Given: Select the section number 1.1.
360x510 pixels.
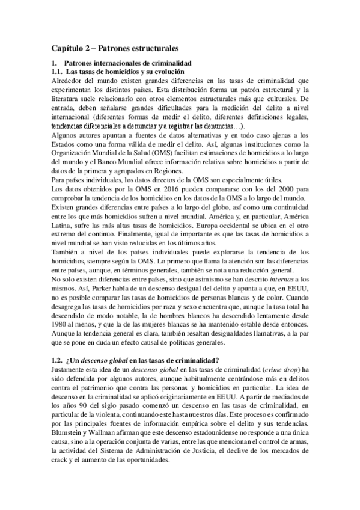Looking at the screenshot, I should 59,72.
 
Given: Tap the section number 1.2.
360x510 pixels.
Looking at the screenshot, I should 59,360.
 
